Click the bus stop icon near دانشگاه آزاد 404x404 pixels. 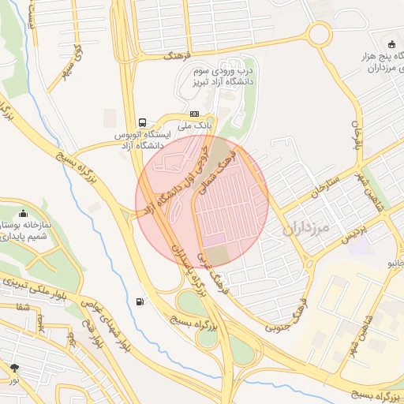[141, 122]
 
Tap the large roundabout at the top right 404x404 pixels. [319, 34]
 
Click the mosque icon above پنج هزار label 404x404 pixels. [391, 43]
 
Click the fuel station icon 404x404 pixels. [140, 301]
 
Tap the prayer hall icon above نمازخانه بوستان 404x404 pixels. [23, 212]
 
